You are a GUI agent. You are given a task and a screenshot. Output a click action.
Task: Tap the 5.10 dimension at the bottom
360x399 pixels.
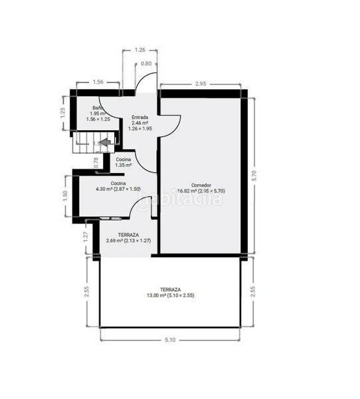[170, 340]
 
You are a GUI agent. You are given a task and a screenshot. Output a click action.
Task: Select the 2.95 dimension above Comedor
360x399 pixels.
[200, 84]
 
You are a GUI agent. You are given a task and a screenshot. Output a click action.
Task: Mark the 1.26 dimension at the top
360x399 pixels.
[139, 50]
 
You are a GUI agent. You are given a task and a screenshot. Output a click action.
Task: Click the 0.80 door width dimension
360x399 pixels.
[146, 64]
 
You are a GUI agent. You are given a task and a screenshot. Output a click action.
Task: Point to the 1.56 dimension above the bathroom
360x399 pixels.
[98, 82]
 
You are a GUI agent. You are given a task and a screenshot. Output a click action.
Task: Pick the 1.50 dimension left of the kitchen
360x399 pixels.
[65, 196]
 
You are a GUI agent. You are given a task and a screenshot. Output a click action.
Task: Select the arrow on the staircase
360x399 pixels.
[104, 141]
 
